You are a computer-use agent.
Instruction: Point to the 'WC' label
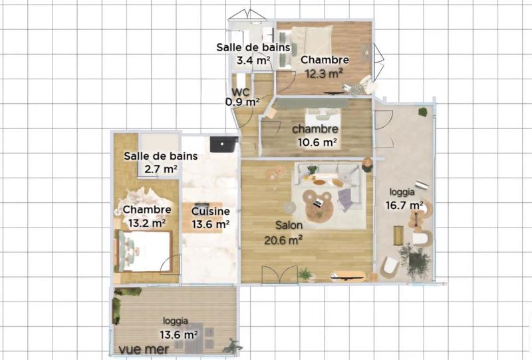click(241, 92)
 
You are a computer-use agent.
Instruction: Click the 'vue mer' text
click(143, 348)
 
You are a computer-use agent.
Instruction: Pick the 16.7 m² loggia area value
click(404, 205)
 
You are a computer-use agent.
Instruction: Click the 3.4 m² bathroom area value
click(253, 61)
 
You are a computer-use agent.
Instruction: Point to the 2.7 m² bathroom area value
click(160, 169)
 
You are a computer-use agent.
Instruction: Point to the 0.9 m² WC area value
click(242, 102)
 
